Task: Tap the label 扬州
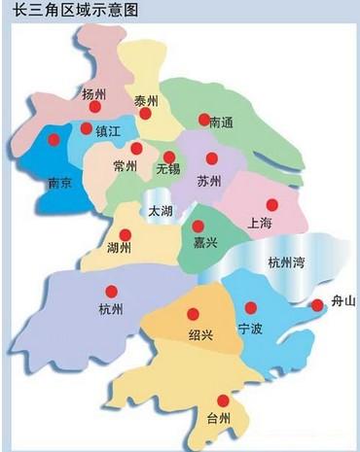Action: pos(94,94)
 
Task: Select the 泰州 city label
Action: pos(147,101)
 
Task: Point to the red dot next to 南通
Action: pos(204,121)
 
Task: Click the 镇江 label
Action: pos(108,130)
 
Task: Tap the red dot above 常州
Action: pos(136,149)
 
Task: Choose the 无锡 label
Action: pos(168,169)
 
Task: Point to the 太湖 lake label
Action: pos(159,211)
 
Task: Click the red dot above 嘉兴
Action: pos(198,226)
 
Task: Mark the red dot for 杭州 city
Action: pos(112,291)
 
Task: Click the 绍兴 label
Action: pos(199,334)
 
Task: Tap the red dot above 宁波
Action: pos(254,303)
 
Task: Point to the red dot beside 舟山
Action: pos(316,306)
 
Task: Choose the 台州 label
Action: pos(221,420)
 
